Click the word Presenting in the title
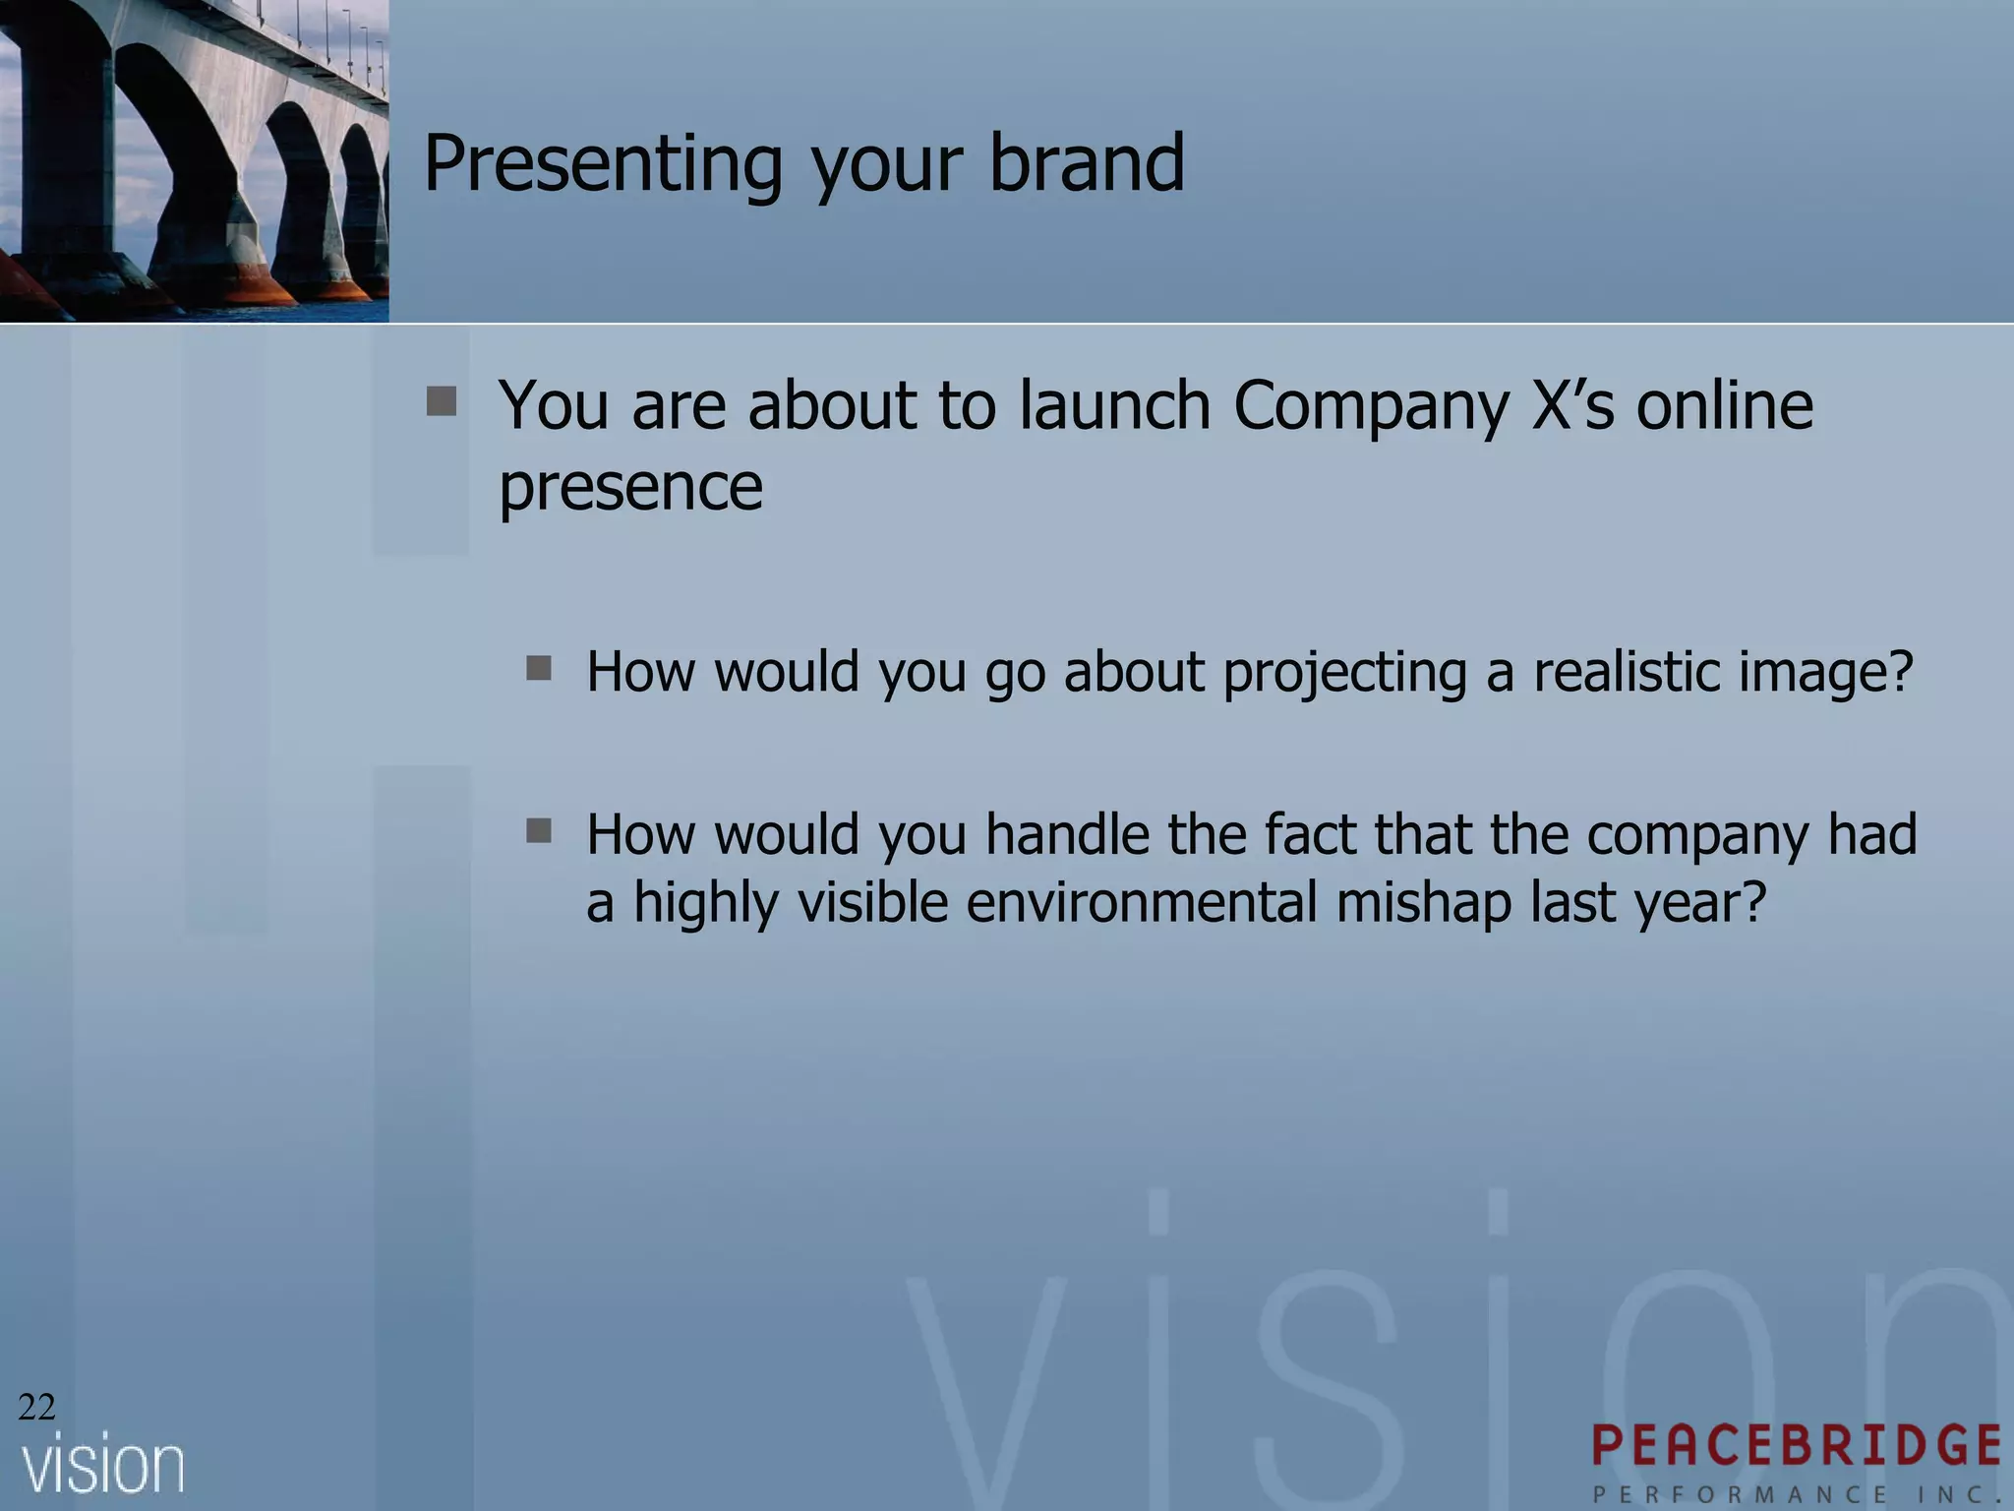click(603, 165)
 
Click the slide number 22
click(36, 1408)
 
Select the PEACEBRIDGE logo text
click(1797, 1445)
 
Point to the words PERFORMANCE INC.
click(1797, 1494)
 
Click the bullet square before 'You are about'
click(442, 401)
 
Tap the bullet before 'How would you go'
click(539, 669)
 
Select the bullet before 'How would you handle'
click(539, 832)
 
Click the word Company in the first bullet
click(1371, 407)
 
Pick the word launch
click(1113, 405)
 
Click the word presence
click(630, 488)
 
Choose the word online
click(1724, 405)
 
